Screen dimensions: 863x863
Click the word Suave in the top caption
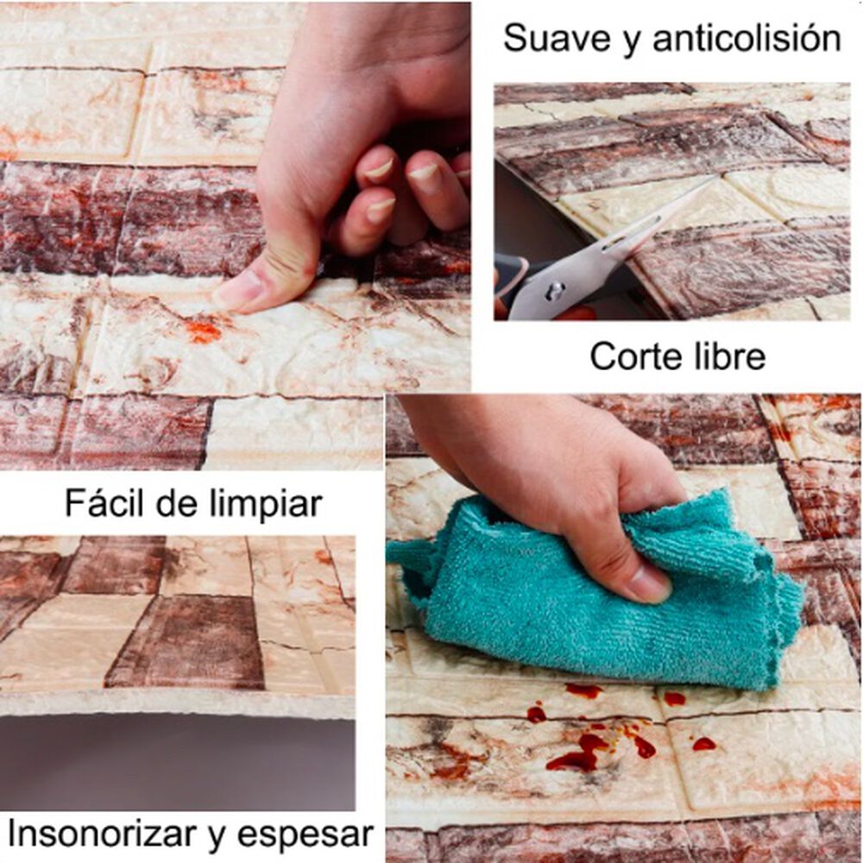pyautogui.click(x=558, y=39)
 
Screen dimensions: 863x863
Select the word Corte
pyautogui.click(x=631, y=356)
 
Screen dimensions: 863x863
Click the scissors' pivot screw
pyautogui.click(x=555, y=290)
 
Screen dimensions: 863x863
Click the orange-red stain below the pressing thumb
pyautogui.click(x=203, y=332)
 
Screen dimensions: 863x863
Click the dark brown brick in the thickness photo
pyautogui.click(x=187, y=642)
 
